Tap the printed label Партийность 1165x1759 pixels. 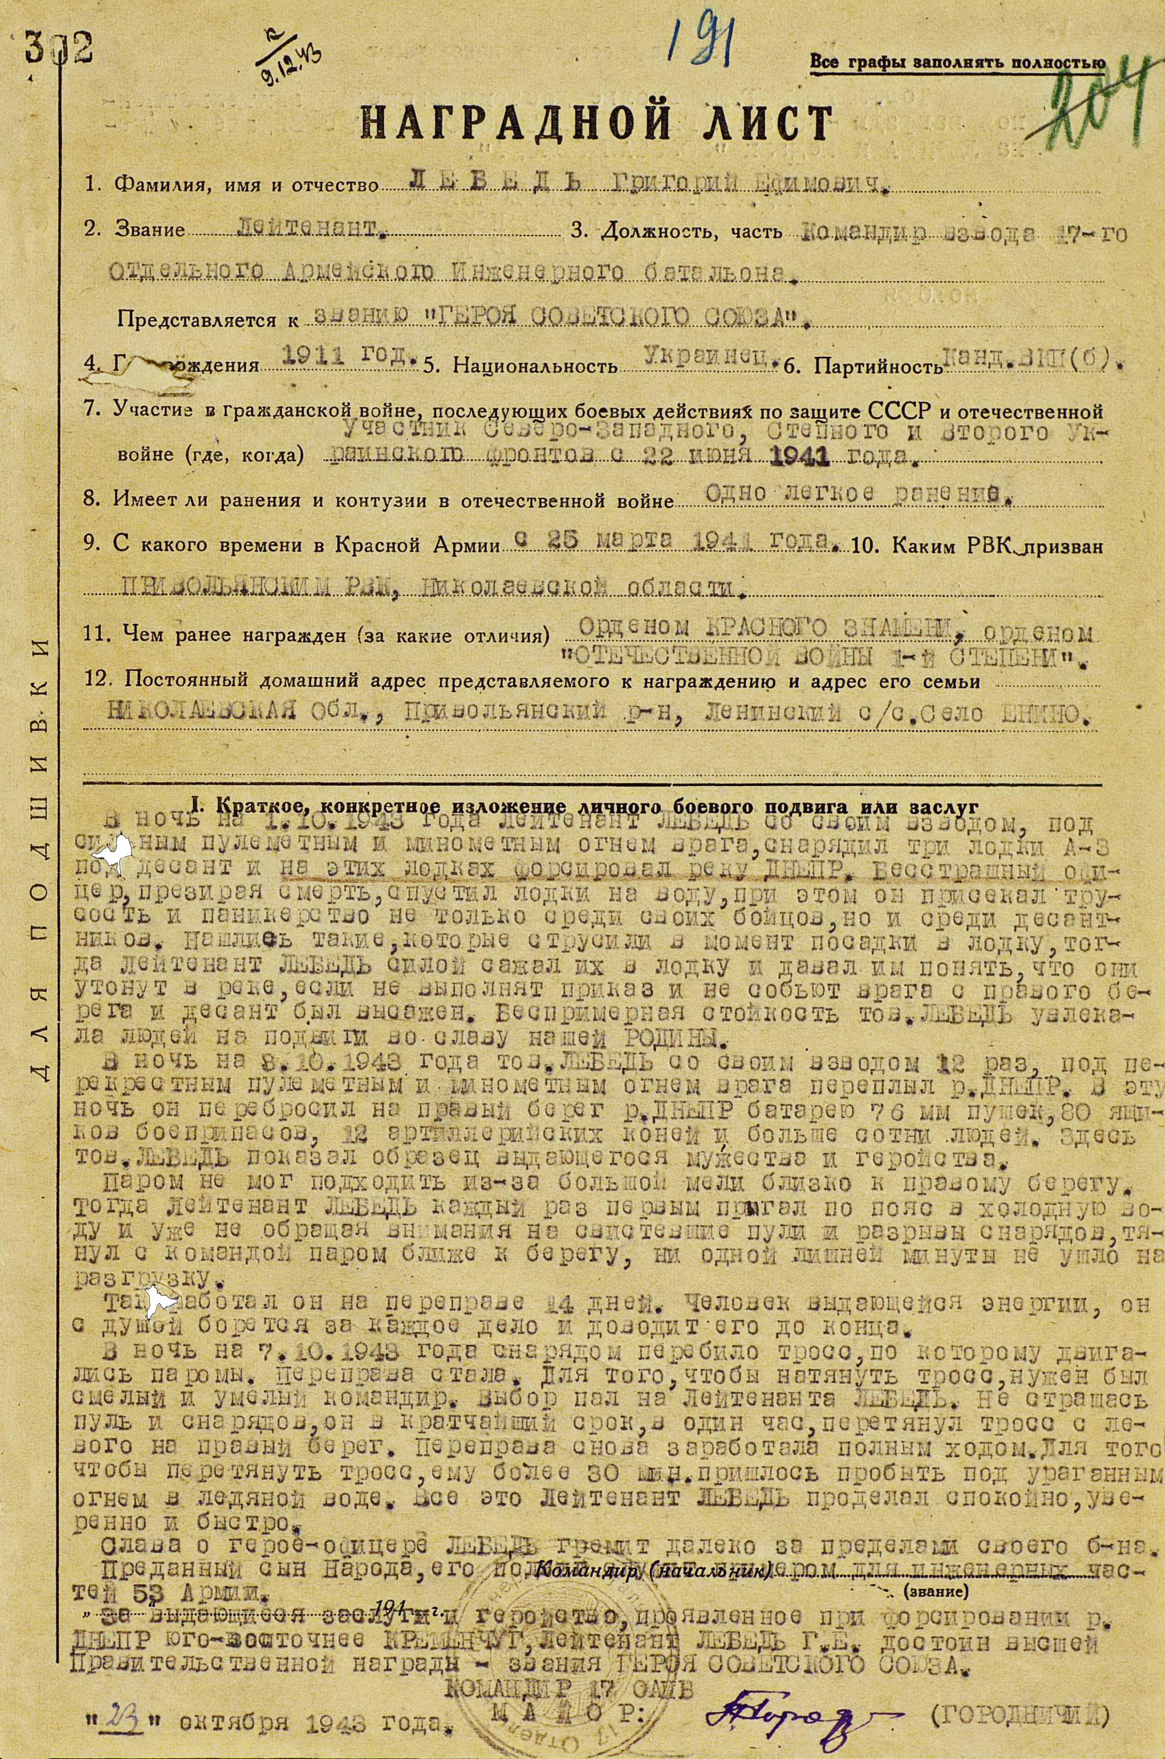[877, 365]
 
